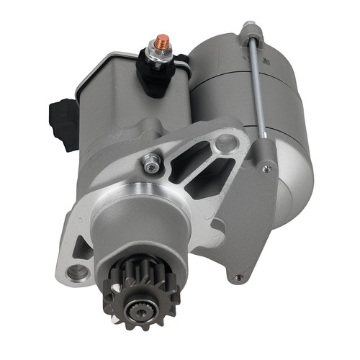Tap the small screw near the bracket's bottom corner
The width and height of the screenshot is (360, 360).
[238, 276]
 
